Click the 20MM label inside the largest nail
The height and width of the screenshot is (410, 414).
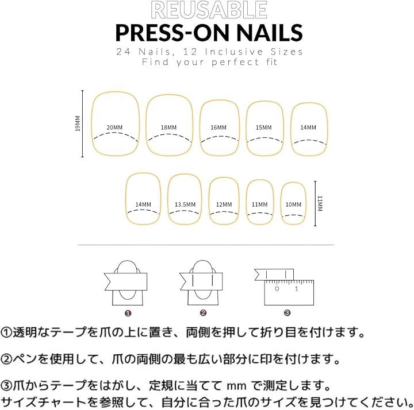point(114,127)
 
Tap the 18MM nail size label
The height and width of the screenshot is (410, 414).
point(168,127)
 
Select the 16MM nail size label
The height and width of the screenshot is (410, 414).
point(218,127)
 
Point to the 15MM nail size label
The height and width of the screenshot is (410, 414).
point(263,127)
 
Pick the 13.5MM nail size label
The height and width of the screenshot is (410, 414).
point(185,204)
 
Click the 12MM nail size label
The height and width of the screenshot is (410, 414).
point(224,204)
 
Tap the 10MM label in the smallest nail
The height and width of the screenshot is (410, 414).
point(293,204)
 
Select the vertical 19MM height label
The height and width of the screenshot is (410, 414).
point(78,123)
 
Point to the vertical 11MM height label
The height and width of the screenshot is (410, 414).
point(320,203)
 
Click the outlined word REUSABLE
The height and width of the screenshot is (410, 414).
point(209,10)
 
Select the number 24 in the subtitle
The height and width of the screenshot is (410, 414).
point(124,52)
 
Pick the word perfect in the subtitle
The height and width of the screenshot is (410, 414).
point(235,62)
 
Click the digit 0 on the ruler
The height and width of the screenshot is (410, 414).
point(277,289)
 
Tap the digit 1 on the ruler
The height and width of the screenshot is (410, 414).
point(297,289)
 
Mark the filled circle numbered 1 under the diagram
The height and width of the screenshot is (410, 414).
point(128,313)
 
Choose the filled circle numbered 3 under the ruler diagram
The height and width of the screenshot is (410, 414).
point(287,313)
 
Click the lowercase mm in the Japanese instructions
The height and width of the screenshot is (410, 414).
point(236,386)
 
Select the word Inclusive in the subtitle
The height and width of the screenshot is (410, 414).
point(234,52)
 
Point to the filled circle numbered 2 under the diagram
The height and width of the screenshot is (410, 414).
point(203,313)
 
